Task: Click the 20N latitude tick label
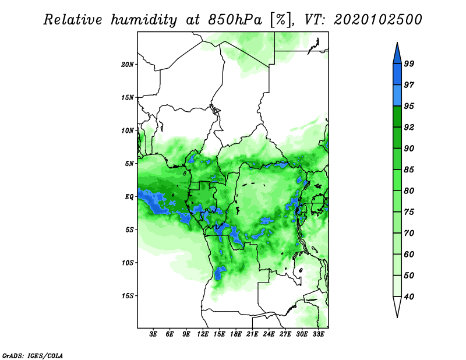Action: pyautogui.click(x=128, y=64)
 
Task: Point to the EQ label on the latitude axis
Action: pyautogui.click(x=129, y=197)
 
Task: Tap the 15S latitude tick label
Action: pyautogui.click(x=128, y=296)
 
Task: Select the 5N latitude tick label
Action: pyautogui.click(x=129, y=164)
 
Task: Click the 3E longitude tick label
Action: pyautogui.click(x=153, y=334)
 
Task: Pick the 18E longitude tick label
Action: pyautogui.click(x=236, y=334)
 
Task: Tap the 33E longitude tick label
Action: pyautogui.click(x=318, y=334)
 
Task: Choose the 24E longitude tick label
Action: pyautogui.click(x=269, y=334)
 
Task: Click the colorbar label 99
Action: pyautogui.click(x=409, y=63)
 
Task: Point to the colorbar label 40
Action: pyautogui.click(x=409, y=297)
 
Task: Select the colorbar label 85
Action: pyautogui.click(x=409, y=170)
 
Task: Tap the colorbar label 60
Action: pyautogui.click(x=409, y=254)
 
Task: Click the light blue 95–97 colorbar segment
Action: pyautogui.click(x=397, y=96)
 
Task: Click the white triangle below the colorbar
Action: pyautogui.click(x=397, y=306)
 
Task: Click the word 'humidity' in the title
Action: pyautogui.click(x=144, y=20)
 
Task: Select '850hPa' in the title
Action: pyautogui.click(x=235, y=20)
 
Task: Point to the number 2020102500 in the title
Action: pyautogui.click(x=377, y=20)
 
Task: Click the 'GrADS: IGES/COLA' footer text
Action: pyautogui.click(x=33, y=355)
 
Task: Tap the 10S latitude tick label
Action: pyautogui.click(x=128, y=263)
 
